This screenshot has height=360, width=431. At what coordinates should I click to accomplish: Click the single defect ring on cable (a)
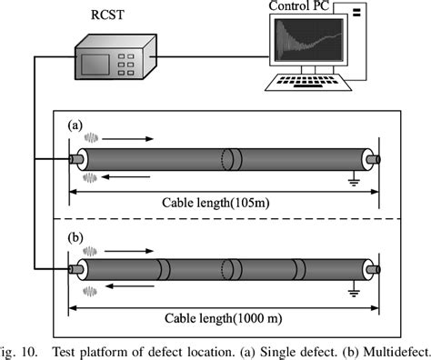coord(233,160)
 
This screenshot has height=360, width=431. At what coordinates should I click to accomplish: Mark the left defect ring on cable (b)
coord(165,270)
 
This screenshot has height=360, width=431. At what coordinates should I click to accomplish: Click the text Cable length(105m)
coord(224,202)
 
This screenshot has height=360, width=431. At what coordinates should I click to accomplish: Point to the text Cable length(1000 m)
coord(224,318)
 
